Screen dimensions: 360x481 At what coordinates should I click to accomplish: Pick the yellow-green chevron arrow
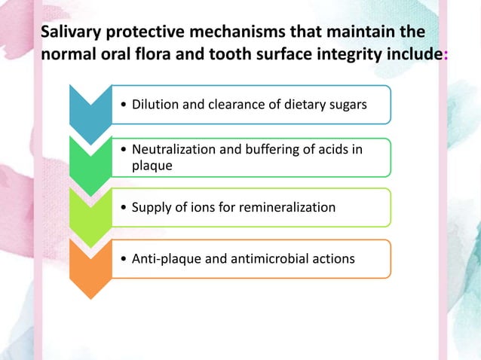click(90, 209)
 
